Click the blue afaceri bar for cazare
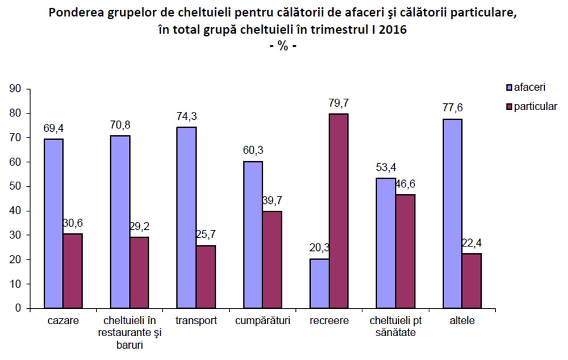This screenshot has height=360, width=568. (x=53, y=223)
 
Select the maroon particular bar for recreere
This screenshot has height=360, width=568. (x=339, y=211)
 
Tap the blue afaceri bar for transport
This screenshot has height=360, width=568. (x=186, y=217)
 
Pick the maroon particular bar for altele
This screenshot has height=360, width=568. (x=471, y=281)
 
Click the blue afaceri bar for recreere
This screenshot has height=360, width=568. (x=319, y=283)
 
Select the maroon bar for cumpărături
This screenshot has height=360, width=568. (x=272, y=259)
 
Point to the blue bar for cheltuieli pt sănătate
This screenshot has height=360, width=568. (x=386, y=243)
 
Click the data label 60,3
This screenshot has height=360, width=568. (x=253, y=150)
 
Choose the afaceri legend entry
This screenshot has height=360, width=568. (x=525, y=88)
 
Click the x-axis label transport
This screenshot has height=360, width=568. (x=195, y=320)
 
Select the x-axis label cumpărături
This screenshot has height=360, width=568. (x=262, y=320)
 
